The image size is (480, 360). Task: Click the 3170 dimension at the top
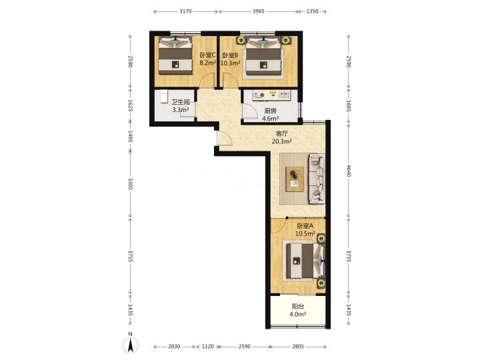click(x=185, y=11)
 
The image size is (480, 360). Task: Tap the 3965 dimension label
click(x=259, y=11)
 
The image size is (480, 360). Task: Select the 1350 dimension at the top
click(x=312, y=11)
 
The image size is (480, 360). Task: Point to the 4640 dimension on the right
click(x=348, y=171)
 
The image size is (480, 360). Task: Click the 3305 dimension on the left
click(x=130, y=184)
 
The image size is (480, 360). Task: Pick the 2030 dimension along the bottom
click(x=174, y=346)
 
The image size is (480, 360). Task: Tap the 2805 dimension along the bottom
click(x=297, y=346)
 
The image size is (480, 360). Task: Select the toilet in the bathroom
click(x=164, y=96)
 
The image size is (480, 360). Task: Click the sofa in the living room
click(x=317, y=179)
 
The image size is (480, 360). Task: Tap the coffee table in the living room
click(x=295, y=179)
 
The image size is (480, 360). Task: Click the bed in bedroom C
click(x=175, y=55)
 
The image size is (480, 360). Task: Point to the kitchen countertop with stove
click(x=271, y=95)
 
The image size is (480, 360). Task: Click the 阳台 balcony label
click(x=297, y=307)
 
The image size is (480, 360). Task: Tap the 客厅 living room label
click(x=281, y=133)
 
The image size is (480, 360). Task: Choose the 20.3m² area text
click(x=281, y=141)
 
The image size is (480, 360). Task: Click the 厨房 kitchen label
click(x=270, y=111)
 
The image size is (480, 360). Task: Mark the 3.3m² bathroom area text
click(x=180, y=109)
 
